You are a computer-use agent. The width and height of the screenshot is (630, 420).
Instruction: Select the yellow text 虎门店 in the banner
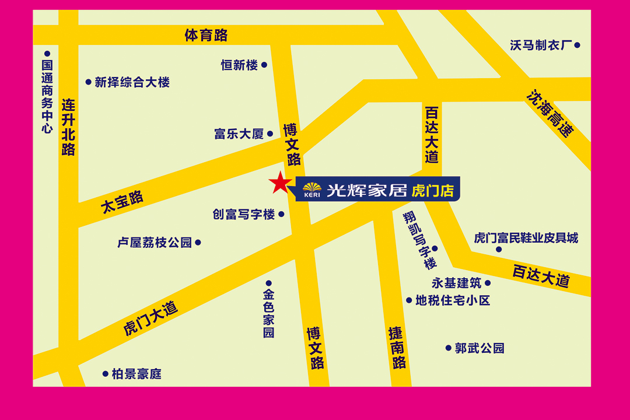433,190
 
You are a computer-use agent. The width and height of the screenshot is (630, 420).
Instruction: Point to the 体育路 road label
206,36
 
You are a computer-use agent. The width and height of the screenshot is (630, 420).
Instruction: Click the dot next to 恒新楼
264,65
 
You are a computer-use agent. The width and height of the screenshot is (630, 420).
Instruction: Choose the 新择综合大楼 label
132,82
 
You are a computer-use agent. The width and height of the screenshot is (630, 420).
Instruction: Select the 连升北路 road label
69,127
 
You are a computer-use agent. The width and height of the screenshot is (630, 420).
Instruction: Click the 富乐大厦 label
239,134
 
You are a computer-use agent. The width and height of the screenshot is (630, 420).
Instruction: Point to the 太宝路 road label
123,202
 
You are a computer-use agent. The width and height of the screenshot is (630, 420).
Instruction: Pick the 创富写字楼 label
244,215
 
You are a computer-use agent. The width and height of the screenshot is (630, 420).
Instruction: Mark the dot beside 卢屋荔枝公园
198,242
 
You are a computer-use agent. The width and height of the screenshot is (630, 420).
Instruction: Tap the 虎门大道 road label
150,318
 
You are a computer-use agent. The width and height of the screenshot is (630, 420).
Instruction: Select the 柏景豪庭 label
136,374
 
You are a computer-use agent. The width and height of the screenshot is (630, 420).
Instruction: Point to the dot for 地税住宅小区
409,300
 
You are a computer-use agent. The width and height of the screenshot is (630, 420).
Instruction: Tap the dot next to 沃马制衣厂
577,45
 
